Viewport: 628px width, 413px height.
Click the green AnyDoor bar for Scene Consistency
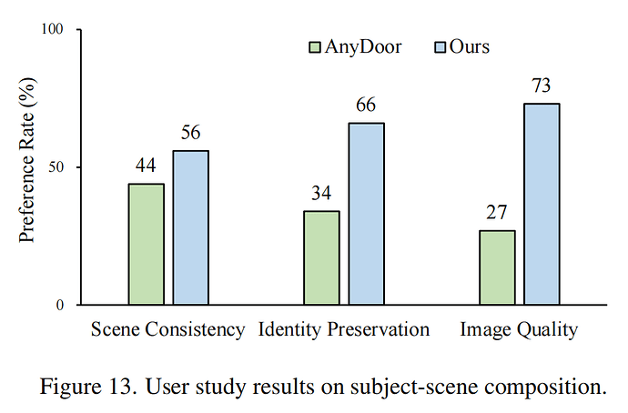tap(146, 244)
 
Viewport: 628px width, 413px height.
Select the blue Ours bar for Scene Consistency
tap(190, 227)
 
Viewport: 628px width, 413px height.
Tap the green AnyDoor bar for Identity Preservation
tap(321, 257)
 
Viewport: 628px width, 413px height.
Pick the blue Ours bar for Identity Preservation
tap(366, 214)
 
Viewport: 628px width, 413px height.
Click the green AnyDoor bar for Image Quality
tap(497, 267)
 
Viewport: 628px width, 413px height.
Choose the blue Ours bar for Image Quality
tap(542, 204)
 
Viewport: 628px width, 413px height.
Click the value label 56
tap(190, 133)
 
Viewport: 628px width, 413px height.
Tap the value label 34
tap(321, 194)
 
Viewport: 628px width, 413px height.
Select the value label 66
tap(366, 106)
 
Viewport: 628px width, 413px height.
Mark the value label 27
tap(497, 213)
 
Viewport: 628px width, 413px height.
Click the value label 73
tap(542, 86)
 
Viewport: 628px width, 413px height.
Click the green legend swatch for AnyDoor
tap(315, 46)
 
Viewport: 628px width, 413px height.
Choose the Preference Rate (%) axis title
tap(26, 167)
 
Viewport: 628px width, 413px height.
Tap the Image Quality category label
tap(519, 329)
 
